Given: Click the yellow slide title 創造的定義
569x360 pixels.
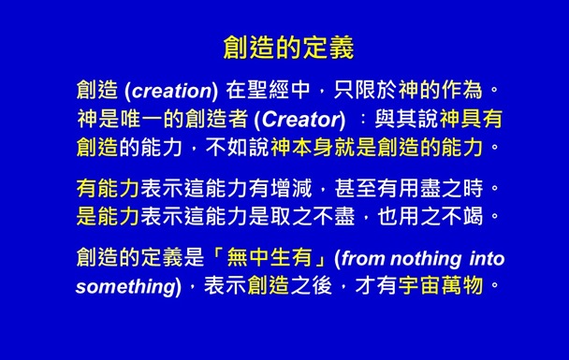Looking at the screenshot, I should (287, 46).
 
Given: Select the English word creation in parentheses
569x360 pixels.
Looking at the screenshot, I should (170, 92).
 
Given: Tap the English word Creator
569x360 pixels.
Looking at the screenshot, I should (299, 120).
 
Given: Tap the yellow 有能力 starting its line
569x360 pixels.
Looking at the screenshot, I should (107, 190).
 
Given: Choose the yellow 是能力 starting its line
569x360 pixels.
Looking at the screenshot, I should (107, 218).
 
